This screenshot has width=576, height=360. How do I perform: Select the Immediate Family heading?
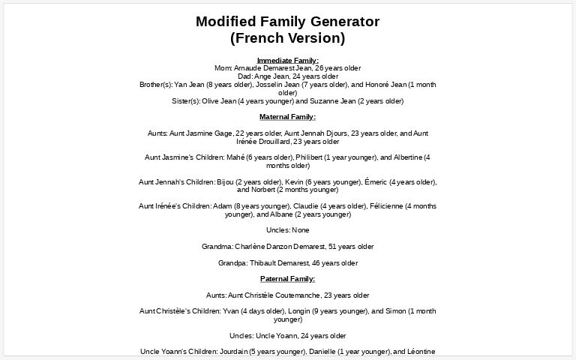(287, 60)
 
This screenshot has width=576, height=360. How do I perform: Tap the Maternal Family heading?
(287, 117)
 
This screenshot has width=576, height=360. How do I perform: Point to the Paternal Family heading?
(287, 279)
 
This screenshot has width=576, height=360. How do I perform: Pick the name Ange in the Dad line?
(264, 76)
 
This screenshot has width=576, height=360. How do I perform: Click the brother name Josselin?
(248, 85)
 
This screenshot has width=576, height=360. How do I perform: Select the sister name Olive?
(211, 100)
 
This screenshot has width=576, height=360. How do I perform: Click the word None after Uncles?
(300, 230)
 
